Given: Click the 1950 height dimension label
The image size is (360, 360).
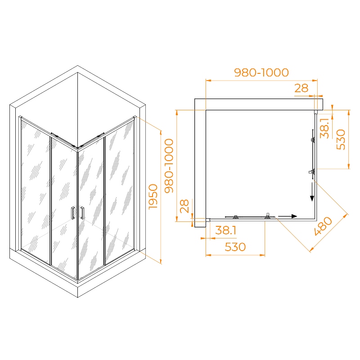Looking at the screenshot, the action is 153,197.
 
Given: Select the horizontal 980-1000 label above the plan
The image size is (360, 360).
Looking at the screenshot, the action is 261,72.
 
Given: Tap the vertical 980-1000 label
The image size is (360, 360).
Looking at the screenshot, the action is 169,166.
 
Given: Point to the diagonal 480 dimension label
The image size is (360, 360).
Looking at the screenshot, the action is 323,226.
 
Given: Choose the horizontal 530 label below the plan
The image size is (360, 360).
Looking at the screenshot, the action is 235,247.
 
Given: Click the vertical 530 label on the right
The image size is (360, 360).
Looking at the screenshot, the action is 341,139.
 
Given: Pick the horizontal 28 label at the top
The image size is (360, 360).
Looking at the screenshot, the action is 301,88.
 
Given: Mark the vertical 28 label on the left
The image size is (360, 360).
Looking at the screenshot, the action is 184,206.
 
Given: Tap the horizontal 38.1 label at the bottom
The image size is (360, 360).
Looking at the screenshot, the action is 226,230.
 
